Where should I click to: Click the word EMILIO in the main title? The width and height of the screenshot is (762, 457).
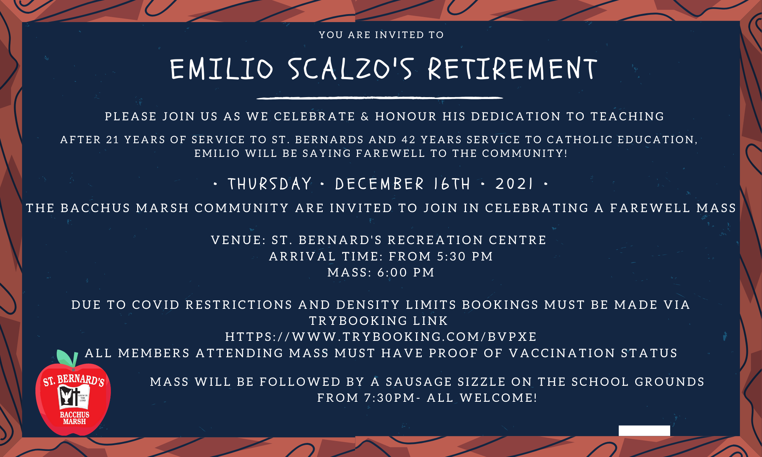pyautogui.click(x=222, y=69)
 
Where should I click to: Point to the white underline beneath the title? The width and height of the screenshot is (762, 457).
pyautogui.click(x=380, y=98)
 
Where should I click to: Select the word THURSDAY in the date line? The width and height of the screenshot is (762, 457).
pyautogui.click(x=270, y=184)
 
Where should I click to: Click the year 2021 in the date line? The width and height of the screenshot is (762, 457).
pyautogui.click(x=514, y=184)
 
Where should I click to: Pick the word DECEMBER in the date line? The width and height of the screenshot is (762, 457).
pyautogui.click(x=379, y=184)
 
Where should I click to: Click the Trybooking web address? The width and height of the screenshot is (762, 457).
pyautogui.click(x=381, y=337)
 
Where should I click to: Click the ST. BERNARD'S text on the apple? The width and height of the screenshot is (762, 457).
pyautogui.click(x=74, y=380)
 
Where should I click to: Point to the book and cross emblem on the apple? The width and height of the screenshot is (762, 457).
pyautogui.click(x=74, y=397)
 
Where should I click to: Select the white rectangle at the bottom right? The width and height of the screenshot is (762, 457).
pyautogui.click(x=644, y=431)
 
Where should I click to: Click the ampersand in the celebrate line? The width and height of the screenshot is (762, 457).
pyautogui.click(x=365, y=117)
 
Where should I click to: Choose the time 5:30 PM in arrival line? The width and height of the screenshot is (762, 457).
pyautogui.click(x=465, y=256)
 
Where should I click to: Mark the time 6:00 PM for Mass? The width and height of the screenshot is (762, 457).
pyautogui.click(x=406, y=273)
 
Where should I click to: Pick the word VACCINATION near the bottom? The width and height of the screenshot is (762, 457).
pyautogui.click(x=562, y=353)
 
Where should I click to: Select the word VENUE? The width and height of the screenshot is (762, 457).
pyautogui.click(x=237, y=240)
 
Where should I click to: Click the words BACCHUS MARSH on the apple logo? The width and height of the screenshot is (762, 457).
pyautogui.click(x=75, y=418)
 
